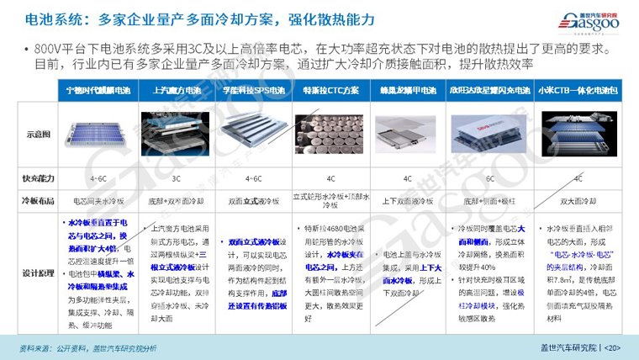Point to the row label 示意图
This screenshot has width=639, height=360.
tap(39, 134)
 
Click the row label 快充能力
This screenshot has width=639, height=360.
tap(39, 178)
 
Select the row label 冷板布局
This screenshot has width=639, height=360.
tap(39, 201)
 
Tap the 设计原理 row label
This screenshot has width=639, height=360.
tap(39, 272)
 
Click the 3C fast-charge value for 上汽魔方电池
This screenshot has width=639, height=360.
tap(177, 178)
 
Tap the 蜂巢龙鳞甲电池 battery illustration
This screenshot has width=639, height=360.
tap(404, 135)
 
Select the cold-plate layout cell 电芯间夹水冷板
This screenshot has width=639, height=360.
tap(98, 201)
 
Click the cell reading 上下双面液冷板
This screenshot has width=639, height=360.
tap(404, 201)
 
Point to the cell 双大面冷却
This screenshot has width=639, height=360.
tap(578, 201)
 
